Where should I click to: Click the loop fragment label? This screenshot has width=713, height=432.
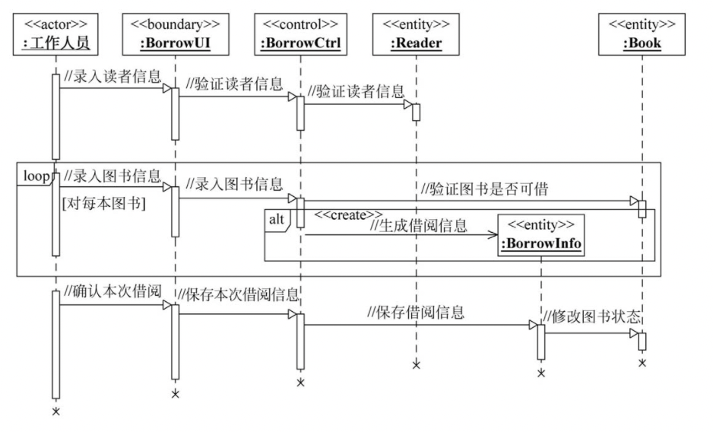point(35,176)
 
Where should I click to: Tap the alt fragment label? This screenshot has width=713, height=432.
point(276,220)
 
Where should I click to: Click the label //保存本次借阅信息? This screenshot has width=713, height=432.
point(238,294)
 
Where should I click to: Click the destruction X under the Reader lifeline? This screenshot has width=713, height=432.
point(417,365)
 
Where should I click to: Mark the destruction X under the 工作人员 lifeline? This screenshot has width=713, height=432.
point(55,411)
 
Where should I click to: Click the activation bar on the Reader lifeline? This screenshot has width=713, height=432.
point(417,111)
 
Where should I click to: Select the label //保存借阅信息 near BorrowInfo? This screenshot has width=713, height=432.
point(416,311)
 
